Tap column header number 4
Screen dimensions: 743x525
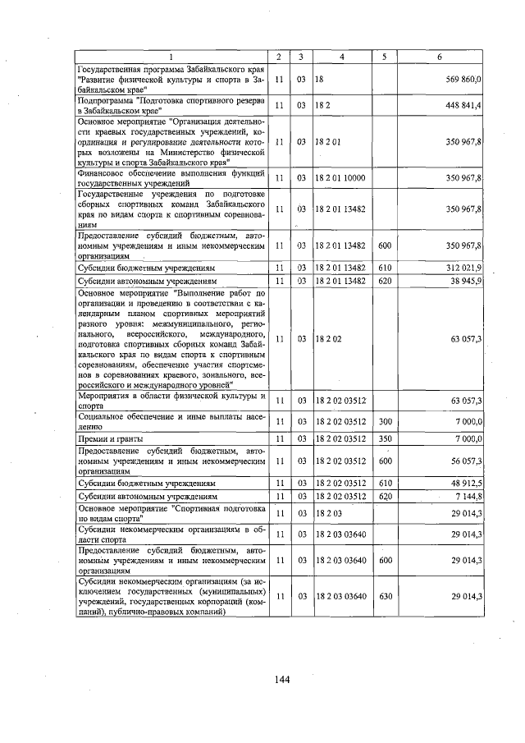pos(340,57)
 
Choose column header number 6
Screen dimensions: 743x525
pos(441,57)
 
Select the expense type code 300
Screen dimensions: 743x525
pos(384,421)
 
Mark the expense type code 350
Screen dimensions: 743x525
pos(384,439)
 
